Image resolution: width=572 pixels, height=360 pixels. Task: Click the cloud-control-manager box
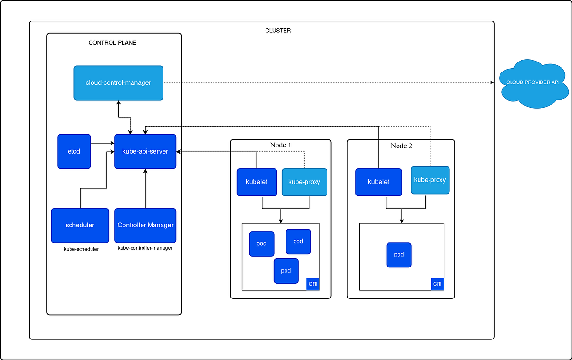coord(118,83)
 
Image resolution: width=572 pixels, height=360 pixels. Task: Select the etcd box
coord(74,152)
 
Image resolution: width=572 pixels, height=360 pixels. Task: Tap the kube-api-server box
coord(145,152)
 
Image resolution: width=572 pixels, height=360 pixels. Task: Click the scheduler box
coord(80,225)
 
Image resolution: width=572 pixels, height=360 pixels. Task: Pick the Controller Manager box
coord(145,225)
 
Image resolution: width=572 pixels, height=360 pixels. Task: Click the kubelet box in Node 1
coord(257,182)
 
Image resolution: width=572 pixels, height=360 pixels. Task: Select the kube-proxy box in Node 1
coord(304,182)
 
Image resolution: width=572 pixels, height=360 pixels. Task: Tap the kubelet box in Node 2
coord(378,182)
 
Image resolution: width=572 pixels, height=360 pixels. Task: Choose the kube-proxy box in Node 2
coord(430,180)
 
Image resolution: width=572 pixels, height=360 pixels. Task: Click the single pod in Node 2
coord(398,255)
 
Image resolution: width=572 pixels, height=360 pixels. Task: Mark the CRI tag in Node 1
coord(313,284)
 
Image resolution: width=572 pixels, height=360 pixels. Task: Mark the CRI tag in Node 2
coord(438,284)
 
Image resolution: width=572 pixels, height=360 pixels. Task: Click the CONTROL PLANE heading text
coord(112,43)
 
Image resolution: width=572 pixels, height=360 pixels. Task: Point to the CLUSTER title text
coord(278,31)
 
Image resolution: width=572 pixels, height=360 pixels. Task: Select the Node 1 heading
coord(280,145)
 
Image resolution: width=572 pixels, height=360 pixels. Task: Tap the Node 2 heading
coord(401,146)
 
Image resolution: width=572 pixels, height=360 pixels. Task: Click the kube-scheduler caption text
coord(81,249)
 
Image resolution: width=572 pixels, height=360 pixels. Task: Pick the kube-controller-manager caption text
coord(145,248)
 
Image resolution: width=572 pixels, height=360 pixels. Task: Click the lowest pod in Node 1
coord(286,271)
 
